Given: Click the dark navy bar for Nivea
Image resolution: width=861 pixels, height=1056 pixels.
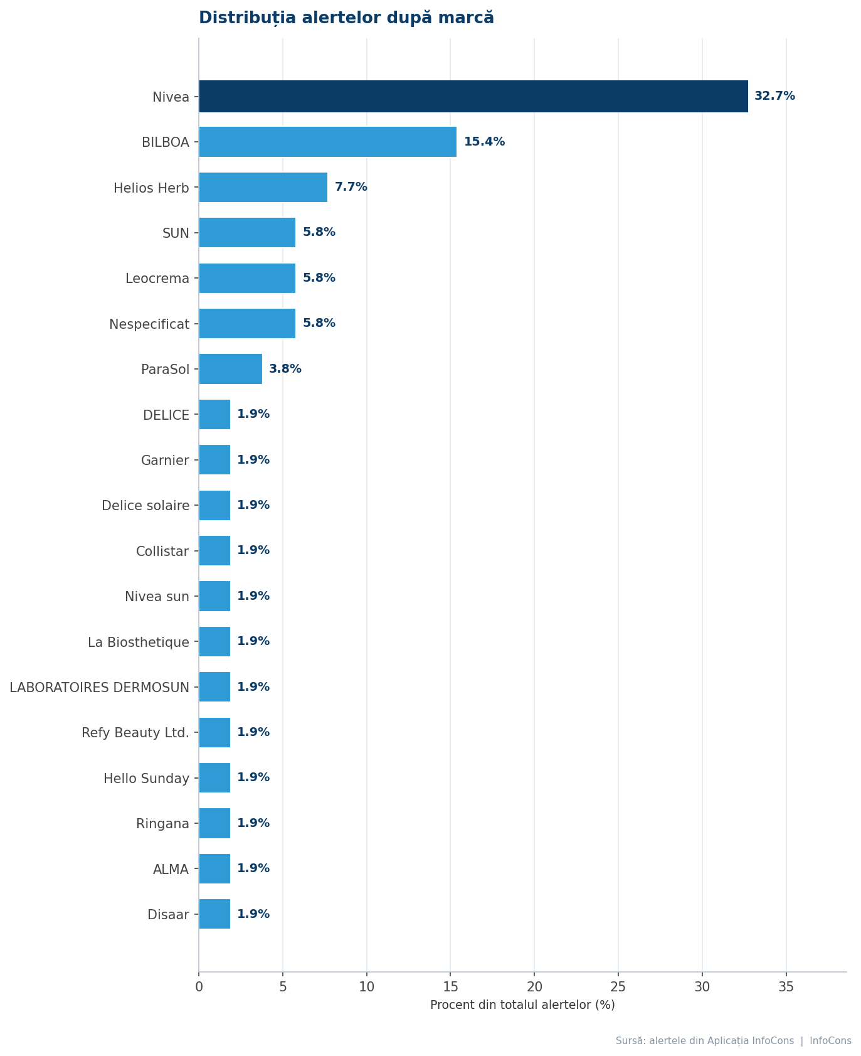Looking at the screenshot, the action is [473, 97].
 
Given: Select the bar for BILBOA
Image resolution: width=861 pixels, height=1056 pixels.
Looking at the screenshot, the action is [328, 142].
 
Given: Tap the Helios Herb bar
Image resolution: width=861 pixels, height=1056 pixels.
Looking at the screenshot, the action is [263, 187].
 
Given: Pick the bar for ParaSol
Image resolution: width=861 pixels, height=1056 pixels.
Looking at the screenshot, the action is [231, 369].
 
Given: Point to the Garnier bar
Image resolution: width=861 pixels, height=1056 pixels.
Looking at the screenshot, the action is [214, 460].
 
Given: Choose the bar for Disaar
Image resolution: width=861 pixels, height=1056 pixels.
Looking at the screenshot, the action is [214, 914].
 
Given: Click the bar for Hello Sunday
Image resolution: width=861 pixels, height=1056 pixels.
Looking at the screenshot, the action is [214, 778].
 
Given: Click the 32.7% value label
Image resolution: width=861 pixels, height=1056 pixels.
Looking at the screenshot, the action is [774, 96].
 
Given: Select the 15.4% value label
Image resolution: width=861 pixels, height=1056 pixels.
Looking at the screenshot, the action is [484, 142].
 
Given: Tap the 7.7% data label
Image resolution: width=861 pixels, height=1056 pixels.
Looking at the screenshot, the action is [351, 187].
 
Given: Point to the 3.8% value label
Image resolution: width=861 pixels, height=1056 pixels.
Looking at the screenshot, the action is [285, 369].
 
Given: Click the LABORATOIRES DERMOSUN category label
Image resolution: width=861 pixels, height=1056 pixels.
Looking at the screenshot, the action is [99, 688].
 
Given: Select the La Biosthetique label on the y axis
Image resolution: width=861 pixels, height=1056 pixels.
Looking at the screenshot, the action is [139, 643].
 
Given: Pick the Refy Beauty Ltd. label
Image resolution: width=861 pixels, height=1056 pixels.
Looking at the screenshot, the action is [135, 733].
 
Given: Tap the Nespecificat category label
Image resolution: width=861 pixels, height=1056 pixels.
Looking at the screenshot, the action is [149, 324].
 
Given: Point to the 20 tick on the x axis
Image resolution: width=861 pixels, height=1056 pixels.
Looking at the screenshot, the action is [534, 987].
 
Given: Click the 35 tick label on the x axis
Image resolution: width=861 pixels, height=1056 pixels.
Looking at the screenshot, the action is [786, 987].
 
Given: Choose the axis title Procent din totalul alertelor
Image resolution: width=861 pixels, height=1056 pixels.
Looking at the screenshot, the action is [522, 1005].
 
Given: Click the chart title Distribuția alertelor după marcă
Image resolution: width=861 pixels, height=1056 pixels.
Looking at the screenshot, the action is [346, 18].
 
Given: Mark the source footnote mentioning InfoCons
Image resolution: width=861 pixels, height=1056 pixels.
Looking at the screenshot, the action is [734, 1041].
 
